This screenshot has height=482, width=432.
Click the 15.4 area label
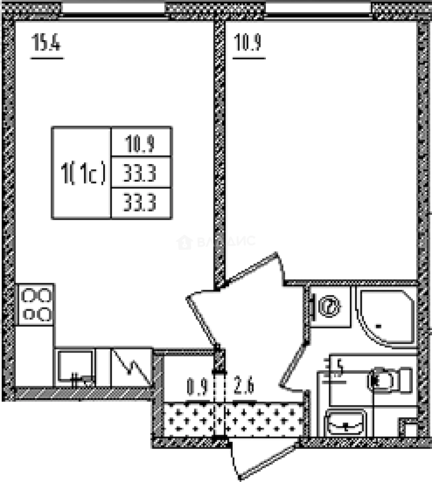(46, 45)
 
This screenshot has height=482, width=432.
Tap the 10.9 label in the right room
(247, 45)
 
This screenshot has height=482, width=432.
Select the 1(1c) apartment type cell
(82, 173)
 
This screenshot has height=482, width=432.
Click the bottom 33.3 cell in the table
(141, 204)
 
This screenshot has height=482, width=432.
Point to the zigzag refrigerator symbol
(132, 367)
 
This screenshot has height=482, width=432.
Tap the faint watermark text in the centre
(217, 242)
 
